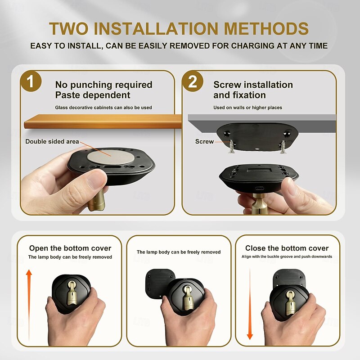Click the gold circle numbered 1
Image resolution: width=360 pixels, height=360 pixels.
pos(31,81)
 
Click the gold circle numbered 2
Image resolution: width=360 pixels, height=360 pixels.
pos(193,81)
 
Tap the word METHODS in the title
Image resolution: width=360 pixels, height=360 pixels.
pos(266,29)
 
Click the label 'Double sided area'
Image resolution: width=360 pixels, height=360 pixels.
pos(52,141)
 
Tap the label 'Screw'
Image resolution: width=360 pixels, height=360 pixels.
pos(204,141)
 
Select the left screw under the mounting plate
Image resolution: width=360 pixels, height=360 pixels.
pos(231,147)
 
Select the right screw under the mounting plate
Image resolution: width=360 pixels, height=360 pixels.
pos(283,147)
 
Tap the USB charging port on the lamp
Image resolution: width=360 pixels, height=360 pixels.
pos(260,189)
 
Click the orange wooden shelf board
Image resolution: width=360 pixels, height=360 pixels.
pos(103,121)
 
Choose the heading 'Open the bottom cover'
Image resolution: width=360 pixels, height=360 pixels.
pos(70,248)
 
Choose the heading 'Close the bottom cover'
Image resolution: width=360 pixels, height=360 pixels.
pos(287,248)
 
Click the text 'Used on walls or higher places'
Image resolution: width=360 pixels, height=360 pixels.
pos(248,108)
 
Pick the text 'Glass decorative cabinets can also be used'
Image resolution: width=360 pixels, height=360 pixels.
pos(103,108)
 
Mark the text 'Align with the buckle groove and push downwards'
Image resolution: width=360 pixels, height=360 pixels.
pos(287,256)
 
